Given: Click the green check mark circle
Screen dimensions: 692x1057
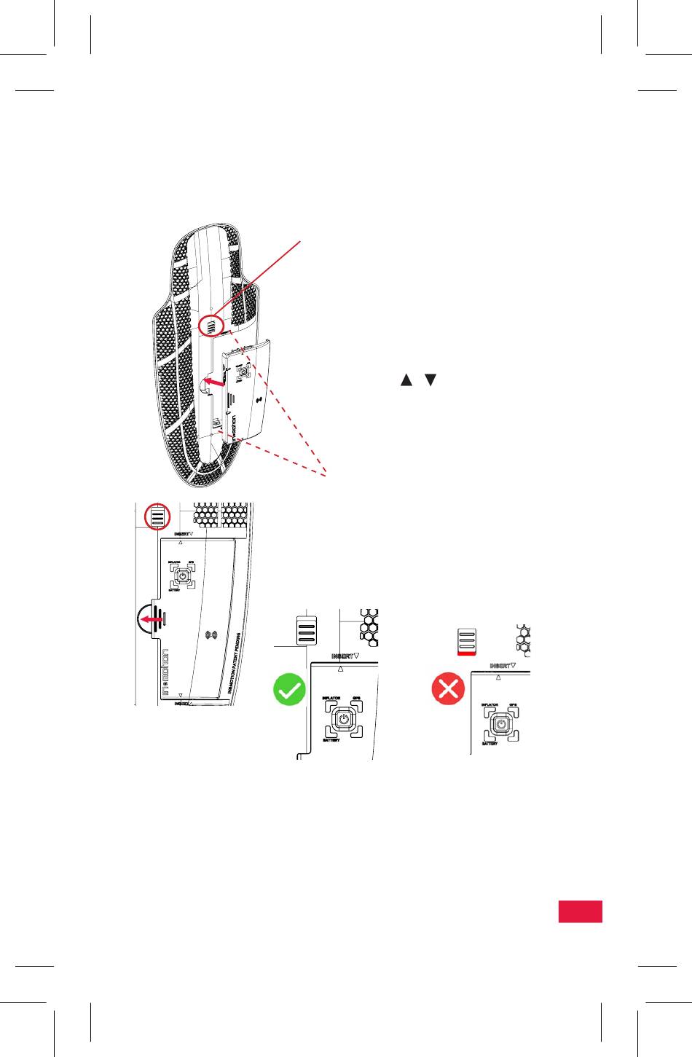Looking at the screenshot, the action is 289,689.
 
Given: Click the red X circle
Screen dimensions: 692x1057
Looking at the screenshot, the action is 448,688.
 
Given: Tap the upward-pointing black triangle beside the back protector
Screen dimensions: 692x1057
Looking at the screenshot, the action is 406,380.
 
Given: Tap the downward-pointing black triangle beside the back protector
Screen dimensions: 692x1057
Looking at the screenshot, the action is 430,380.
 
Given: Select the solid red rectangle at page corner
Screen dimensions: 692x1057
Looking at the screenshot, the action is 581,911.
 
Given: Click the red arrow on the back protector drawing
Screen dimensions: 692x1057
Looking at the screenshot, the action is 213,381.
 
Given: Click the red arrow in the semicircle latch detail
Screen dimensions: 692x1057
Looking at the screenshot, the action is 152,619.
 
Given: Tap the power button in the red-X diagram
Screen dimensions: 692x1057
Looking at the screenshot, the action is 500,725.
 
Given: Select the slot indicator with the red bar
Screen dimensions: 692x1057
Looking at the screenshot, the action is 466,642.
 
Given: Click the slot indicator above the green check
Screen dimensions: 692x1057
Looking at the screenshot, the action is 307,630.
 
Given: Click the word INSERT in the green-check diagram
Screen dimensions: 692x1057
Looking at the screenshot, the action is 342,656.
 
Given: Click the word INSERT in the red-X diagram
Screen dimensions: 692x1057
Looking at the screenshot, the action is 500,666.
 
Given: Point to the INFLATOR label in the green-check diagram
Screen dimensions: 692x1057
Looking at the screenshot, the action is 331,698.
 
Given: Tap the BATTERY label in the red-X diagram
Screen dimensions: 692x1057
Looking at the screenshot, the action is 489,744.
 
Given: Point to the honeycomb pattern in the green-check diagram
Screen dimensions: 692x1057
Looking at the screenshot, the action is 369,627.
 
